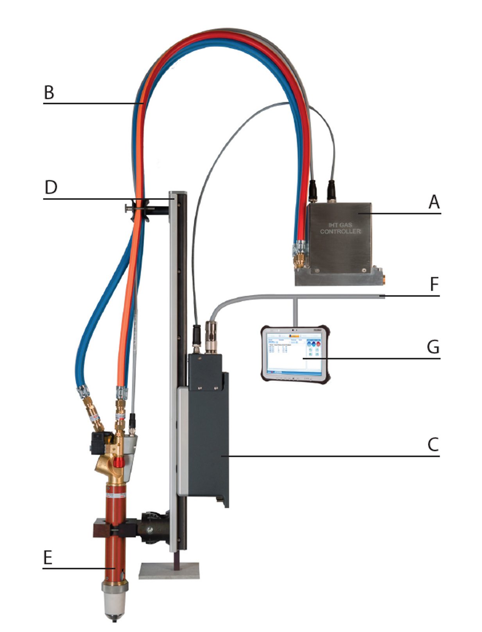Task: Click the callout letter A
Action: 434,202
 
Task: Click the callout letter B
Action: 49,93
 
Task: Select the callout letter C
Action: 433,444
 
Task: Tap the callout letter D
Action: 51,187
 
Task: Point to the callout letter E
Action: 48,557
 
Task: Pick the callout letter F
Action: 434,284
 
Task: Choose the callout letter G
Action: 433,347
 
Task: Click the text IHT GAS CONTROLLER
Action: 340,228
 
